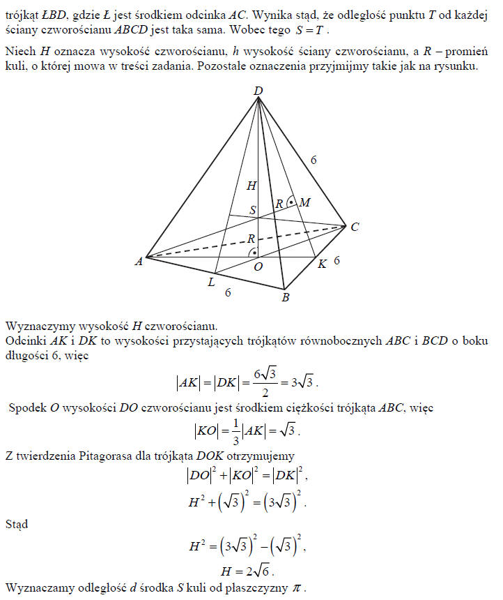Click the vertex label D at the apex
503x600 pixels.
pyautogui.click(x=258, y=91)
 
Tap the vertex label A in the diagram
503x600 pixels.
pyautogui.click(x=139, y=261)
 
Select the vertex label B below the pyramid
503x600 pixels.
pyautogui.click(x=284, y=299)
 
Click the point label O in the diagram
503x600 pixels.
pyautogui.click(x=258, y=265)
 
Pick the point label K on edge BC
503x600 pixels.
pyautogui.click(x=322, y=264)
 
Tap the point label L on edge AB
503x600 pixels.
pyautogui.click(x=211, y=282)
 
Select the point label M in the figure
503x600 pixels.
pyautogui.click(x=304, y=203)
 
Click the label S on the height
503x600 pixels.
pyautogui.click(x=252, y=209)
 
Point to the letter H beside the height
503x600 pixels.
pyautogui.click(x=251, y=185)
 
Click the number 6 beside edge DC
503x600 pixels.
pyautogui.click(x=314, y=160)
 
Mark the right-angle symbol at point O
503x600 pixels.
pyautogui.click(x=255, y=250)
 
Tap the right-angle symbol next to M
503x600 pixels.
pyautogui.click(x=292, y=202)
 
